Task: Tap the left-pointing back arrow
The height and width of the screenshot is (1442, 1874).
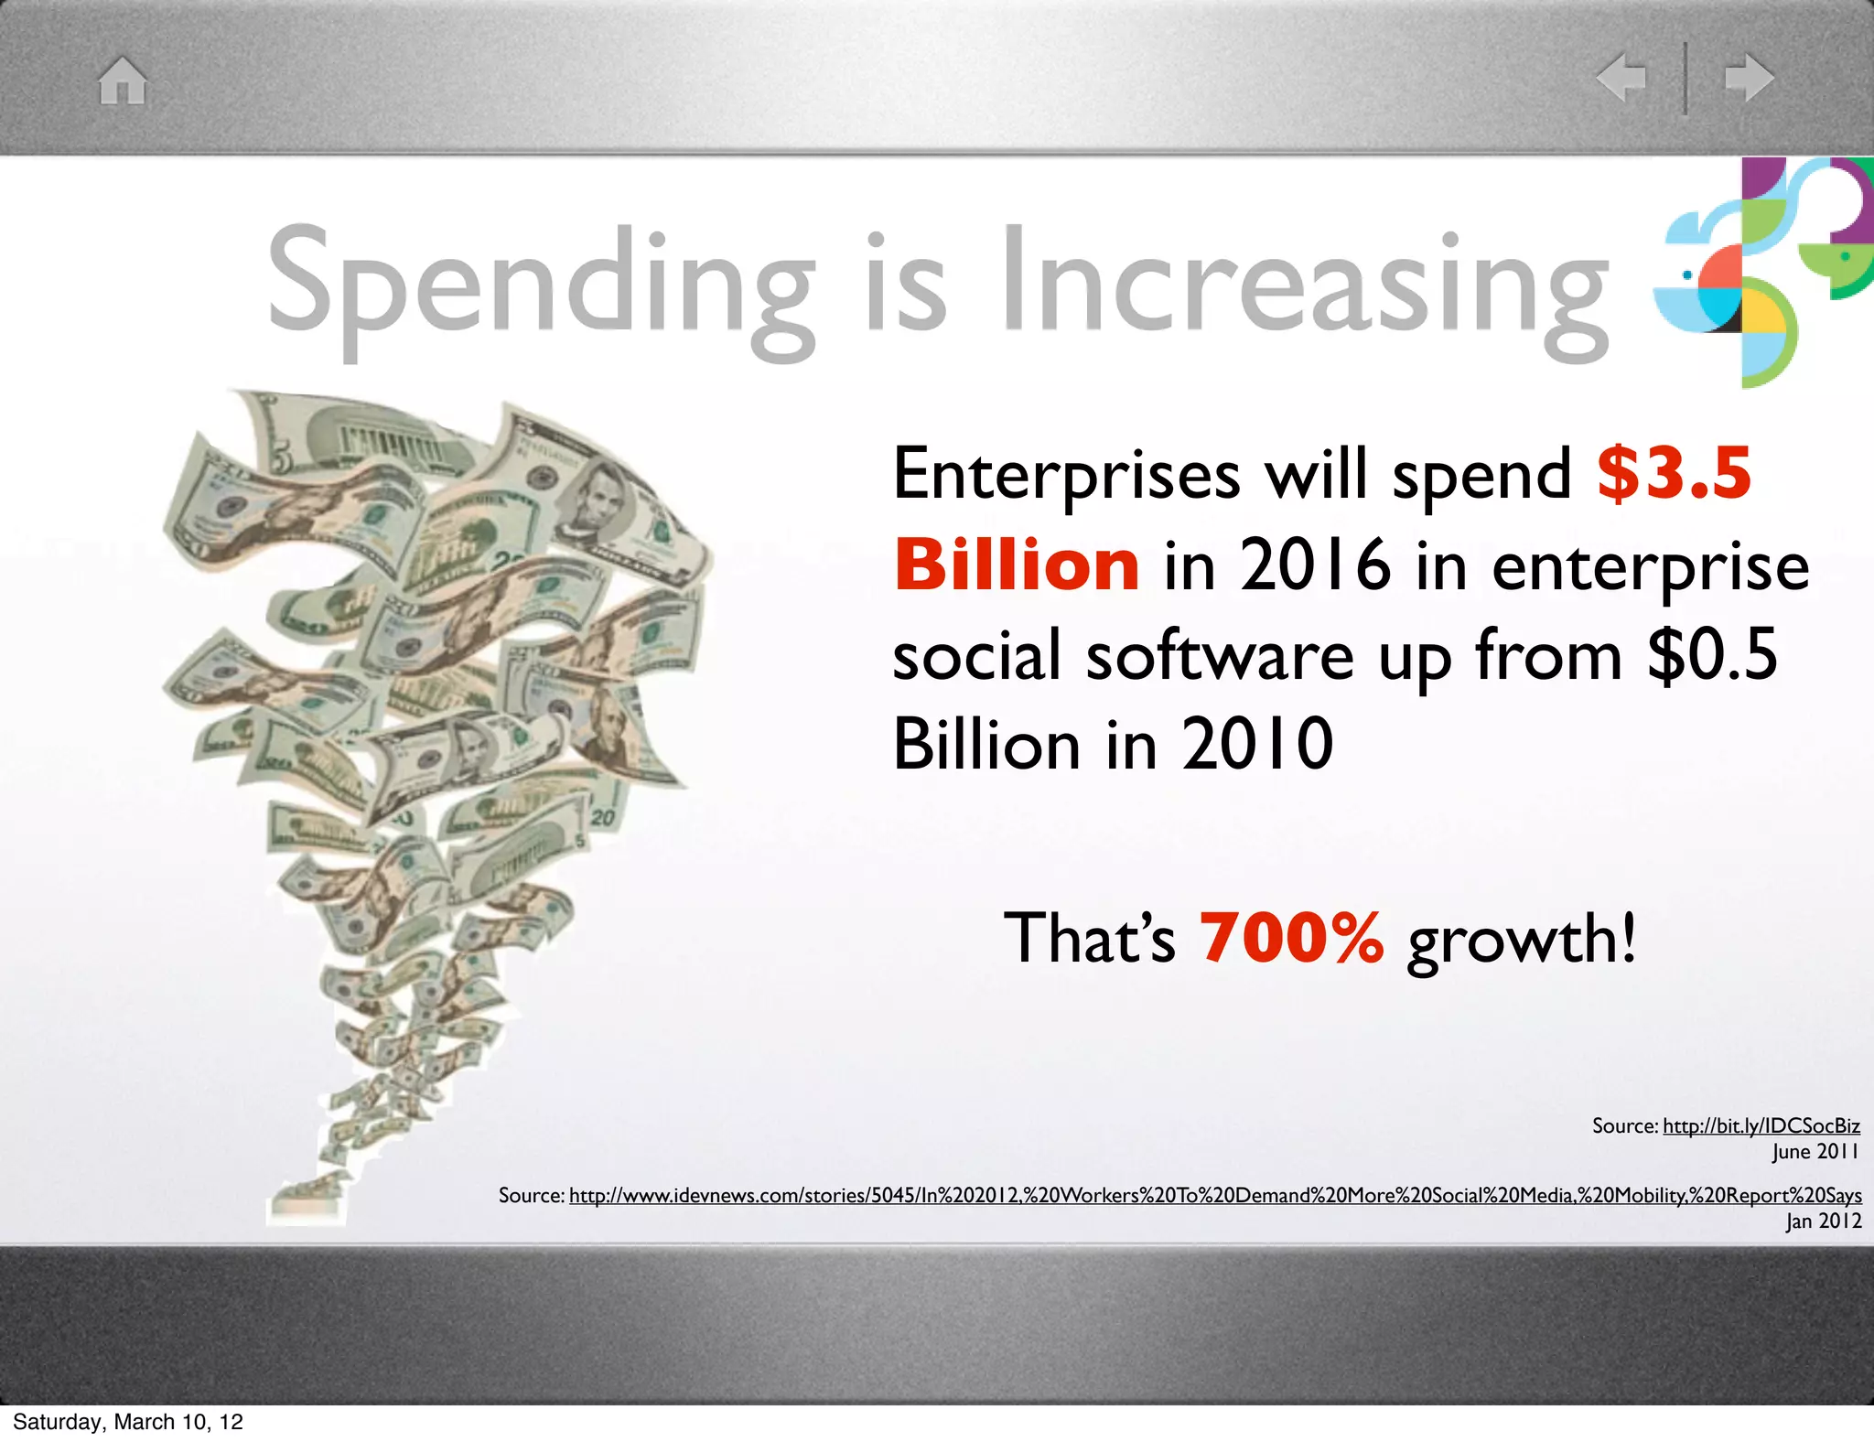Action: point(1621,77)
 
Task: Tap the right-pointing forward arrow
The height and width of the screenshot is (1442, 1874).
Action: point(1749,78)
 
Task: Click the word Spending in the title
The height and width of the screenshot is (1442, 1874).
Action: point(540,284)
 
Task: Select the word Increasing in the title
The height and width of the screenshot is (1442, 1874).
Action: point(1304,284)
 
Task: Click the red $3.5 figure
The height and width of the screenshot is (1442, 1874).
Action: point(1674,474)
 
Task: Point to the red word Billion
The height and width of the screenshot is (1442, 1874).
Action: point(1016,565)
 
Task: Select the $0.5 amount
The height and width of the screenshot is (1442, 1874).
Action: point(1711,654)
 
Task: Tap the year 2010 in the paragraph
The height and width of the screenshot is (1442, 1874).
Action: point(1256,744)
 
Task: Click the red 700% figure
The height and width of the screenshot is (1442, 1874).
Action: point(1291,938)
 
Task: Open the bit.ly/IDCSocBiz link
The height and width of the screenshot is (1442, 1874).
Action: point(1761,1125)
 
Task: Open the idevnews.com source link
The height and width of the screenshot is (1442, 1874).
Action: point(1214,1195)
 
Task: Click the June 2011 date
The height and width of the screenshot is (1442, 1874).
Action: point(1815,1151)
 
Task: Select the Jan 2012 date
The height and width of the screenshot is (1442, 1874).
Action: point(1823,1221)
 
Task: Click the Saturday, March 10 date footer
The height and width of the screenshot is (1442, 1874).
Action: point(128,1421)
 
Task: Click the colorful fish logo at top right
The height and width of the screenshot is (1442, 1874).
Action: point(1761,270)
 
